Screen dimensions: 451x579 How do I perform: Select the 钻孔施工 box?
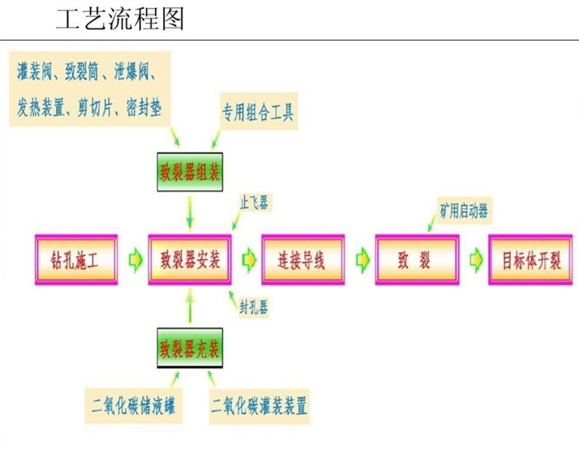76,260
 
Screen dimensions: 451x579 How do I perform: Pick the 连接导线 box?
303,260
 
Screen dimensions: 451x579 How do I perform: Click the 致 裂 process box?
417,260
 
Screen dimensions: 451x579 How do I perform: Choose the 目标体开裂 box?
531,260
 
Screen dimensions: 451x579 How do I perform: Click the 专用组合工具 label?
258,112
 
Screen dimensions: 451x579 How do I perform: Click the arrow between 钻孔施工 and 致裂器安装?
134,260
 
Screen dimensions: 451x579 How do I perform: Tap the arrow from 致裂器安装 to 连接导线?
248,260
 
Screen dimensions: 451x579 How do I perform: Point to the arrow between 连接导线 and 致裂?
362,260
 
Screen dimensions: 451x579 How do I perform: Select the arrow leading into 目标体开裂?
475,260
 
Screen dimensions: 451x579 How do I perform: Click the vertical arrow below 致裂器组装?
190,211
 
